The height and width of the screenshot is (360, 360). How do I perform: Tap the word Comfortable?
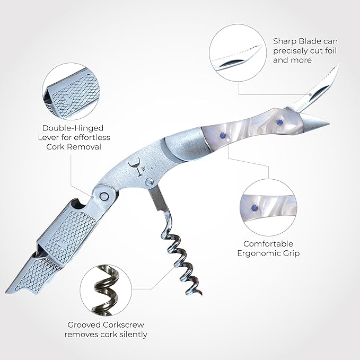tap(268, 244)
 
